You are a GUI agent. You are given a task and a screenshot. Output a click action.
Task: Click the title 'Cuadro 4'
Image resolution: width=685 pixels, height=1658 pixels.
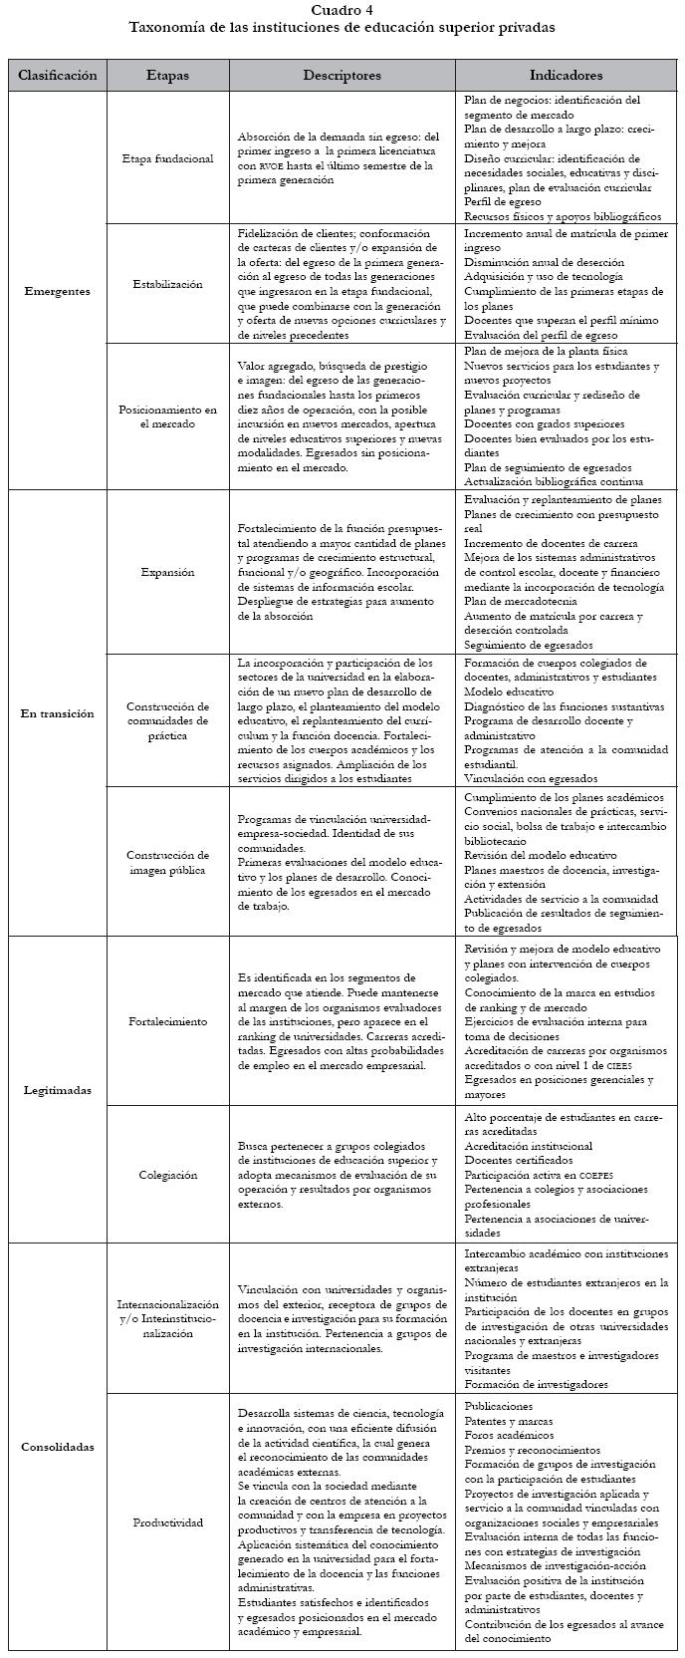click(x=342, y=10)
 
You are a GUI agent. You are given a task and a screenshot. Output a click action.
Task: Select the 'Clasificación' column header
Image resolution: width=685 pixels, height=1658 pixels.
click(x=58, y=76)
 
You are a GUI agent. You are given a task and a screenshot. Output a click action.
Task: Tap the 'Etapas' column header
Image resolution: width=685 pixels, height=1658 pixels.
click(x=167, y=76)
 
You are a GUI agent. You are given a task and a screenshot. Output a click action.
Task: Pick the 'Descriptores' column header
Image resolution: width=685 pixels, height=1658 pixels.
click(x=342, y=76)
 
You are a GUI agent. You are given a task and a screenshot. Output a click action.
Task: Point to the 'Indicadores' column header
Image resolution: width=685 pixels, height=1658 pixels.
click(x=566, y=76)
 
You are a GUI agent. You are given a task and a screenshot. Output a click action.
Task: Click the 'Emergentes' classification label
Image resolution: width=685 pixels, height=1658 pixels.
click(x=58, y=292)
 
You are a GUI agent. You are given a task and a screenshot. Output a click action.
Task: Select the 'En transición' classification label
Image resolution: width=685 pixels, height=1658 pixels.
click(x=58, y=713)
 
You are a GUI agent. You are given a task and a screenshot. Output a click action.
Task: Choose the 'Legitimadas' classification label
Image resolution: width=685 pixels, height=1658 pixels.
click(x=58, y=1090)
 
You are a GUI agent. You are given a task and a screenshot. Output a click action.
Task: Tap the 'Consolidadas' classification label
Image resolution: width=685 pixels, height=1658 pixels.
click(x=58, y=1447)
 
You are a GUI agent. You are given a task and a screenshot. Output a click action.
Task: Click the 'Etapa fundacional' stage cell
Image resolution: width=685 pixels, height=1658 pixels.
click(x=167, y=158)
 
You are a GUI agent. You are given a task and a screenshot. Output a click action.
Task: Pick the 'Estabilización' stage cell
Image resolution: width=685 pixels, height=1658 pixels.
click(x=167, y=284)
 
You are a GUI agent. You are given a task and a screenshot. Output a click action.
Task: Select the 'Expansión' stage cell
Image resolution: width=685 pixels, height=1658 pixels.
click(x=167, y=573)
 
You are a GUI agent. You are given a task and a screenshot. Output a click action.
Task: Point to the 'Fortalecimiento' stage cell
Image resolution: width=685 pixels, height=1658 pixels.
click(x=167, y=1022)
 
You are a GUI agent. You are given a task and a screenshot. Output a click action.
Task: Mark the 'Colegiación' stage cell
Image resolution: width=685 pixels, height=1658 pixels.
click(x=167, y=1176)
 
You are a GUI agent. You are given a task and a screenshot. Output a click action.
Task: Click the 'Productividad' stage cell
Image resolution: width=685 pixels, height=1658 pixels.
click(x=167, y=1522)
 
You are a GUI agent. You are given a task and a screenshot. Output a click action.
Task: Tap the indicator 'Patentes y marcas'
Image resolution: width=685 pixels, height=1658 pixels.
click(x=509, y=1421)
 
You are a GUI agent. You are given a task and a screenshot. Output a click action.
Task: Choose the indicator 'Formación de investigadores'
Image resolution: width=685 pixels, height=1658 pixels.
click(x=536, y=1385)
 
